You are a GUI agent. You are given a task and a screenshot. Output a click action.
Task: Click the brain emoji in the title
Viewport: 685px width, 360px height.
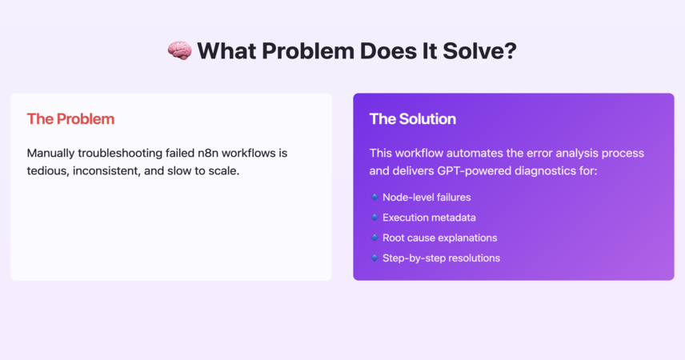pos(179,50)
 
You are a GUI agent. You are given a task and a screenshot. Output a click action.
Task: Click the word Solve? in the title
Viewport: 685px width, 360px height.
pos(479,50)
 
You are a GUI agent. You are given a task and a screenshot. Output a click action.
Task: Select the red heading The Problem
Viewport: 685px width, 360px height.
pos(70,119)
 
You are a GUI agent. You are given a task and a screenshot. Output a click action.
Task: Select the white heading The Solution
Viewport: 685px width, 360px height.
pos(413,119)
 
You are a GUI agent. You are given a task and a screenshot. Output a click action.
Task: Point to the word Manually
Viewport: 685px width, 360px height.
pos(50,154)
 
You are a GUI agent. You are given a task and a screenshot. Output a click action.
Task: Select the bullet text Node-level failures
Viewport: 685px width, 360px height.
pos(427,198)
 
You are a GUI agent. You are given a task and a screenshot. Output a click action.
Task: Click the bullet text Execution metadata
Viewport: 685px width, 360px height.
pos(430,218)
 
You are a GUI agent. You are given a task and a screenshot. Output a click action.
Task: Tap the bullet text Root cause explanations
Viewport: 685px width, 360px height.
pos(440,238)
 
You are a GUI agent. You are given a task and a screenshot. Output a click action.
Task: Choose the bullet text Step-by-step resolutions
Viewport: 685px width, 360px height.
pos(441,258)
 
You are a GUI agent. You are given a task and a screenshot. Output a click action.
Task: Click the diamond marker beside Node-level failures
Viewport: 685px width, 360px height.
pos(375,197)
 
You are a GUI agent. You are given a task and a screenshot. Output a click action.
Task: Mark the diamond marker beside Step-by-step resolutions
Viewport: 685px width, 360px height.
pos(375,258)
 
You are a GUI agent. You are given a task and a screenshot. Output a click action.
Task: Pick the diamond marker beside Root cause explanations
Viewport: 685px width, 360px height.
pos(375,238)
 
